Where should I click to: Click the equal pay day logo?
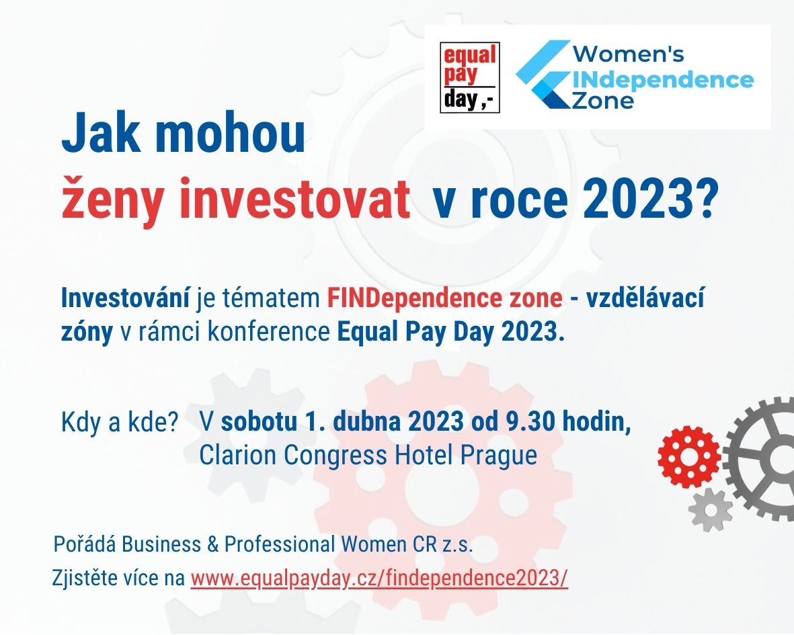click(470, 77)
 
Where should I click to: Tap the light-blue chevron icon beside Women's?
click(543, 75)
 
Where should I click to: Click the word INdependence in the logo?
click(663, 80)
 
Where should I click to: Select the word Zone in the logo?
click(602, 100)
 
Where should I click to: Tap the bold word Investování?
click(125, 298)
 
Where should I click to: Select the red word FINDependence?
click(416, 298)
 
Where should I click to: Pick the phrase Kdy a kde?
click(120, 422)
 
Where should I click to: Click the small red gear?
click(688, 456)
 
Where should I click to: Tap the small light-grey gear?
click(711, 510)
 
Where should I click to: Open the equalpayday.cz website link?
click(379, 578)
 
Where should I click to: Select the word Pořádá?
click(85, 544)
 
